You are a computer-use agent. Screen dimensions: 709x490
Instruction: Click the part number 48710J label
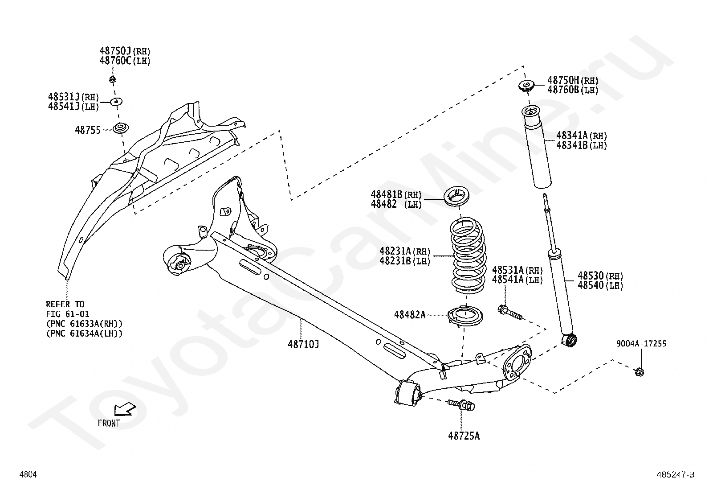[x=303, y=344]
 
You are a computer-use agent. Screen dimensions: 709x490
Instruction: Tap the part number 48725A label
[x=464, y=436]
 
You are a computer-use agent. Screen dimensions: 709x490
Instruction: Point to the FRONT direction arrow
[x=124, y=409]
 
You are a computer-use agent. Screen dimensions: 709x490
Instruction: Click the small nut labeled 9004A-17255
[x=640, y=371]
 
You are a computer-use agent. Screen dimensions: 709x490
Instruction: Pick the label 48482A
[x=410, y=315]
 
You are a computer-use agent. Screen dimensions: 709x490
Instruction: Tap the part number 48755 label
[x=88, y=130]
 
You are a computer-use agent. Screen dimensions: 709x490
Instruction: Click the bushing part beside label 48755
[x=121, y=128]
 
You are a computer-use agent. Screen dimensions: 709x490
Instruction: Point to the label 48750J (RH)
[x=125, y=51]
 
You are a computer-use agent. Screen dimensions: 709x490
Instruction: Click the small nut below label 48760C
[x=112, y=79]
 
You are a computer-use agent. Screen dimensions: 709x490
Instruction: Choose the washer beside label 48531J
[x=116, y=102]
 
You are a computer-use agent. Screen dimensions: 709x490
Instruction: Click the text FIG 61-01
[x=68, y=314]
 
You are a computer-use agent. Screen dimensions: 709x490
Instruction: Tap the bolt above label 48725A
[x=461, y=405]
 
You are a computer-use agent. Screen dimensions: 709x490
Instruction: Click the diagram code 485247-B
[x=676, y=474]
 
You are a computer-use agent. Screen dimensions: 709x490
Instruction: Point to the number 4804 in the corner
[x=28, y=474]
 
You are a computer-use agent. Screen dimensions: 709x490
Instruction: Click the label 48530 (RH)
[x=600, y=276]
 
